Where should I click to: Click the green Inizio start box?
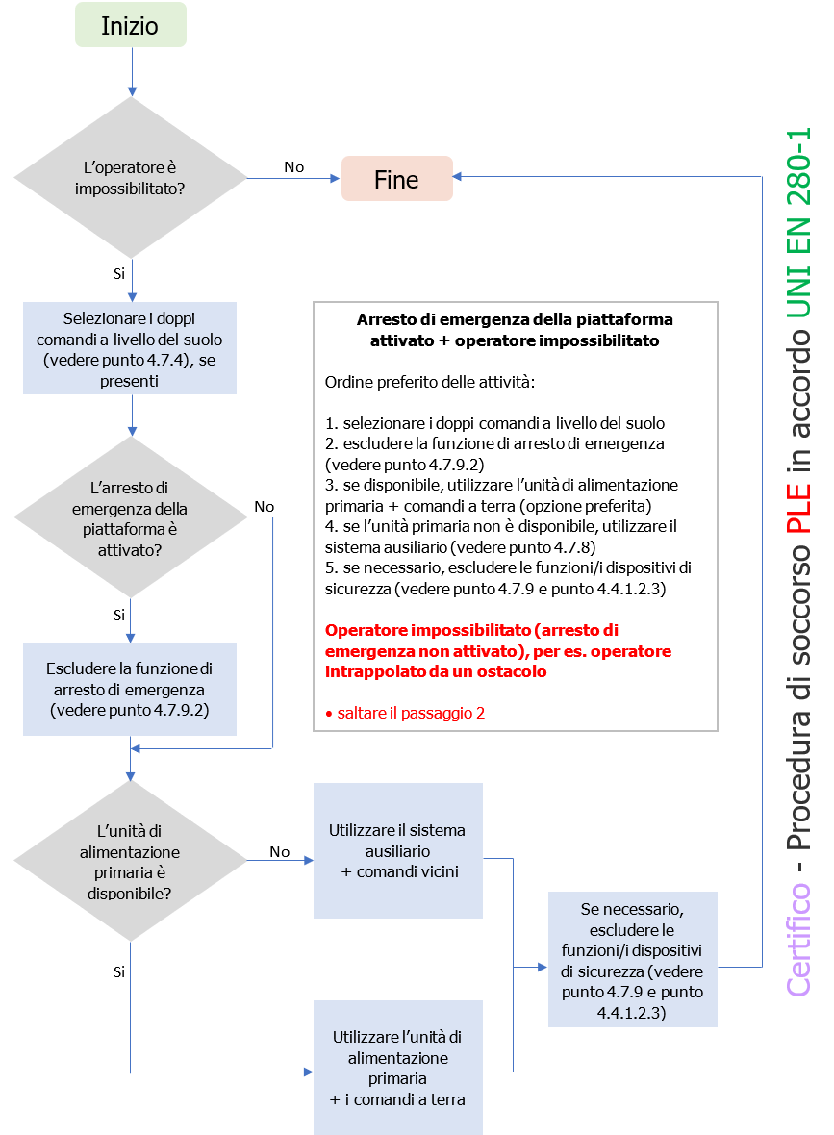[131, 26]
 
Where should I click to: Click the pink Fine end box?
[396, 179]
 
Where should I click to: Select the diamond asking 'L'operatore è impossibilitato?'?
[130, 178]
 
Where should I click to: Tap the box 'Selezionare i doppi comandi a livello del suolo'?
[130, 348]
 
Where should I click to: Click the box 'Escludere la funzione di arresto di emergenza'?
[130, 689]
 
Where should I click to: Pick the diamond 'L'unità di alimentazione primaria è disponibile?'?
[130, 862]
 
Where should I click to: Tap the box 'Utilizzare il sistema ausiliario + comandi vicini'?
[398, 850]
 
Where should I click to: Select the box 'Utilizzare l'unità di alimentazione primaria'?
[398, 1068]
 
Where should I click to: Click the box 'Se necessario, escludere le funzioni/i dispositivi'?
[633, 960]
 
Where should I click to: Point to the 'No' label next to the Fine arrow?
[293, 167]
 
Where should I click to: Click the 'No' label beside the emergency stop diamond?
[264, 507]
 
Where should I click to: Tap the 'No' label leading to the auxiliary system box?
[280, 851]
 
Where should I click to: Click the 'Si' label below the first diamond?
[119, 273]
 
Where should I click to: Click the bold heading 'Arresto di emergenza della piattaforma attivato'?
[515, 330]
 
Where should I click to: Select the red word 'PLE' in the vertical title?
[798, 511]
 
